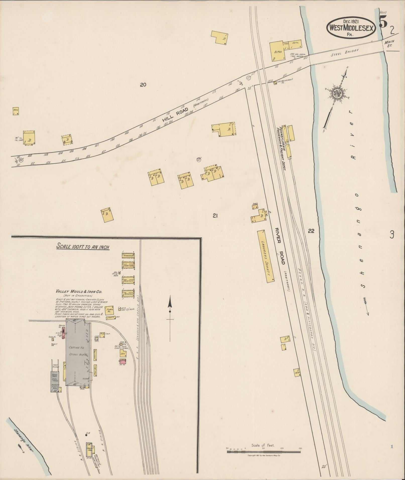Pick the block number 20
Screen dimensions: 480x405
pos(143,85)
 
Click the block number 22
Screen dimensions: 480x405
pos(311,231)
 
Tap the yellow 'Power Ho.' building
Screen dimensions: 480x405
pos(110,310)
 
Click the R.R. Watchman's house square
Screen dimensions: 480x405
pos(275,83)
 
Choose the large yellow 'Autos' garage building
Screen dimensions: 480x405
pos(277,51)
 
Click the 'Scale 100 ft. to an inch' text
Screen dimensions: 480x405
pos(83,246)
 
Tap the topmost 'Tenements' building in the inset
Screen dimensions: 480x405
pos(128,255)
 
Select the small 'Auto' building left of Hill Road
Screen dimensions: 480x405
pos(16,111)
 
